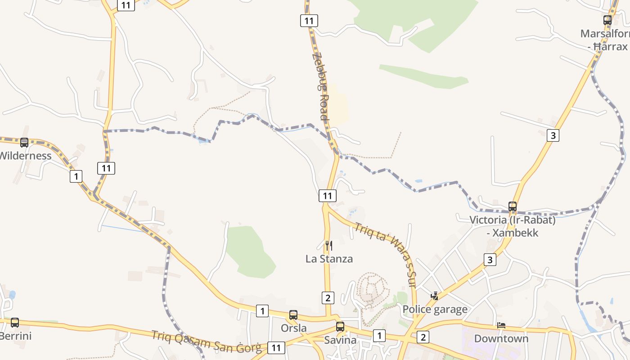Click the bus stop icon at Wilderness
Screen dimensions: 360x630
(x=24, y=142)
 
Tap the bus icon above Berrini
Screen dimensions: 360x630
(x=15, y=322)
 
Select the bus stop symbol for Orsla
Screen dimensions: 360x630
(x=293, y=315)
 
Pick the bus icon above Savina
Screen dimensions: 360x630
(x=340, y=327)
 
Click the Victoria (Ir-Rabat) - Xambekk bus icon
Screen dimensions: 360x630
(x=513, y=207)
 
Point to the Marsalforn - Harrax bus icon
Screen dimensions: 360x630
(x=607, y=20)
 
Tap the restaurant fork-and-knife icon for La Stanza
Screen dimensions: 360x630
(x=329, y=246)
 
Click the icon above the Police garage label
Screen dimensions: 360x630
(x=435, y=296)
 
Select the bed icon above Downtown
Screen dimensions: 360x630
(x=501, y=325)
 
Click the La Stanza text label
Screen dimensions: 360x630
(x=329, y=259)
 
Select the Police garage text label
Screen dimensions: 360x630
(x=435, y=310)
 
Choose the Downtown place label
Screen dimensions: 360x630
(x=501, y=338)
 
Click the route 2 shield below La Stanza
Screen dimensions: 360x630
(x=328, y=297)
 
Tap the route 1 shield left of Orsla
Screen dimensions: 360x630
(x=262, y=310)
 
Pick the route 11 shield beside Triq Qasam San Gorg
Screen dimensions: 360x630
(x=276, y=347)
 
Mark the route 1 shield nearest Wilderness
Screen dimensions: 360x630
(x=76, y=176)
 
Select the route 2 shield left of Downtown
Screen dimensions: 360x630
(x=423, y=337)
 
